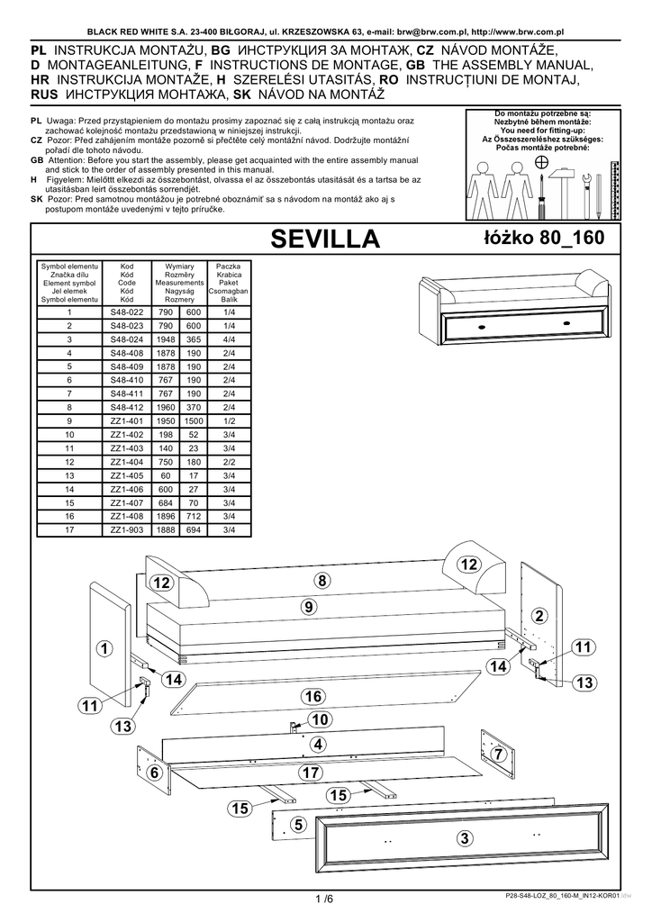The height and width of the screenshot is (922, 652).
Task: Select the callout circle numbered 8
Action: tap(321, 581)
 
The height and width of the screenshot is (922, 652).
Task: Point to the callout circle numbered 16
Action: tap(312, 696)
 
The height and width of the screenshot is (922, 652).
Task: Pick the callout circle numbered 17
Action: tap(311, 772)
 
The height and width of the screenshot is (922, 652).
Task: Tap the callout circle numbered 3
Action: tap(464, 838)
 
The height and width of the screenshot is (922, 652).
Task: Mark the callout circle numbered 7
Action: tap(496, 753)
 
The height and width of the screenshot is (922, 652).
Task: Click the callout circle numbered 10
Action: tap(319, 719)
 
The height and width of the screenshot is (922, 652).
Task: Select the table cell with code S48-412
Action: tap(127, 406)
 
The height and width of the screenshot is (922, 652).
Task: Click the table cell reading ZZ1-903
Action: tap(127, 529)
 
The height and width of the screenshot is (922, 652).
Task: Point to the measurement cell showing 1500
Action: tap(193, 420)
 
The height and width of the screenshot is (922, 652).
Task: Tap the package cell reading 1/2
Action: tap(228, 420)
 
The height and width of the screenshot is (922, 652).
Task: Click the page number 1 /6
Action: tap(324, 898)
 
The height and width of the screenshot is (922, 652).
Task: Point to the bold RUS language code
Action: tap(46, 93)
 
